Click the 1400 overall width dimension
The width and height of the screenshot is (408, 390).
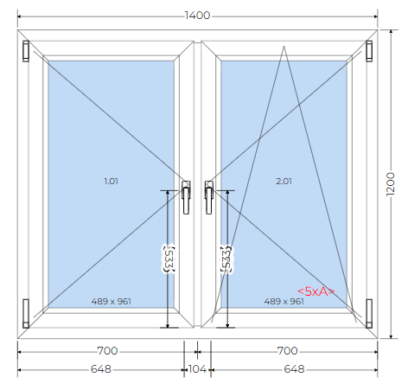tap(197, 16)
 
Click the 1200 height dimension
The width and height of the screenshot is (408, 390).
tap(391, 184)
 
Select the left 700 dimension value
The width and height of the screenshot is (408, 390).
tap(107, 351)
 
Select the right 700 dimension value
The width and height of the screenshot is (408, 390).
tap(287, 351)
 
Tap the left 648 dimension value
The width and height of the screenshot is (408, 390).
tap(101, 369)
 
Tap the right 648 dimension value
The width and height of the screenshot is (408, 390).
tap(294, 369)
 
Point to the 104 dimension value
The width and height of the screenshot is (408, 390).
tap(197, 369)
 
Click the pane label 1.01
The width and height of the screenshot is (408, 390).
tap(111, 182)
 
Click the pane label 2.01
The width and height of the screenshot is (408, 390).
tap(284, 182)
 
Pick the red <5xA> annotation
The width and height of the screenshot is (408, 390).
tap(316, 291)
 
